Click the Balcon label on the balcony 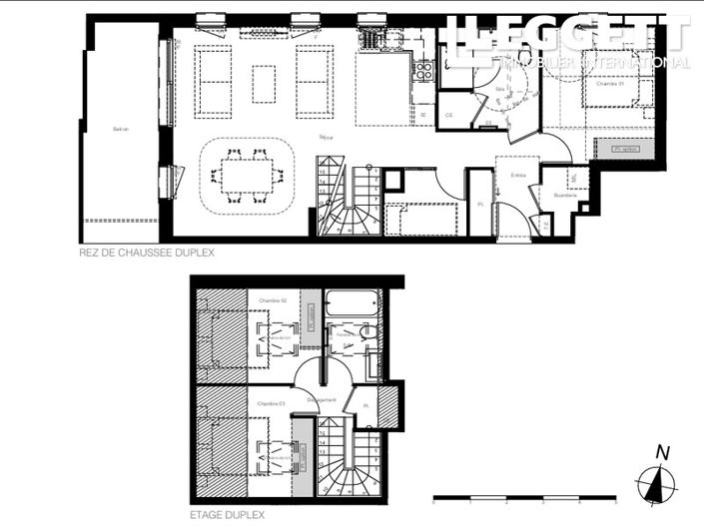120,129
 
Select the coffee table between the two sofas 264,83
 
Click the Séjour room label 325,136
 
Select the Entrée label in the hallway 518,175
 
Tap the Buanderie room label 565,195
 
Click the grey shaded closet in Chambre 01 625,149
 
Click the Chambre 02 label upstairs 272,300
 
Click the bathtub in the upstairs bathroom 352,303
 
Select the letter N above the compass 660,451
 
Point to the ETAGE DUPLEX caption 229,515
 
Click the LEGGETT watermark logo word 569,36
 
